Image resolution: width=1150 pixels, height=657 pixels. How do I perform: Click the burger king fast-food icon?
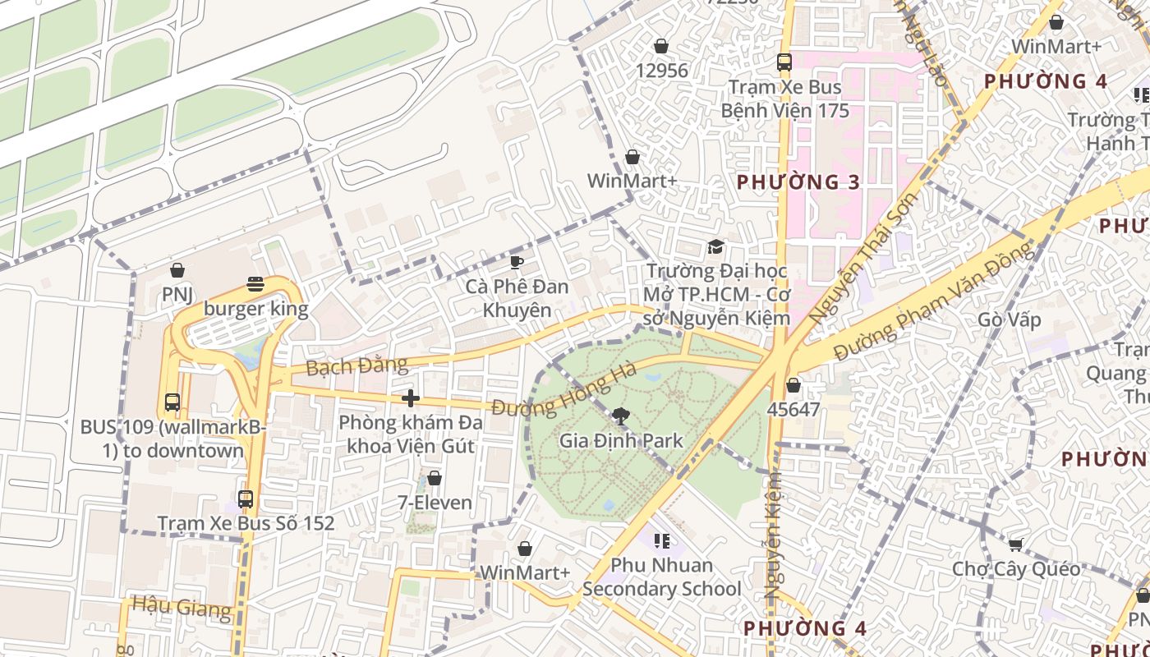(255, 284)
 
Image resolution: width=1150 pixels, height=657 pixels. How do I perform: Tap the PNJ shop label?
(177, 294)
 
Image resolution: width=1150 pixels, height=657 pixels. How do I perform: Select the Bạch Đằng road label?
(356, 365)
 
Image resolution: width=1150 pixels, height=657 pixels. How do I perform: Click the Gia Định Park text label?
(621, 441)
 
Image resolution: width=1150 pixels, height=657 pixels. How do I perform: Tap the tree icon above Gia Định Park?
(622, 416)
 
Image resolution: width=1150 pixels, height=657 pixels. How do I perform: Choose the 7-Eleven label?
(435, 503)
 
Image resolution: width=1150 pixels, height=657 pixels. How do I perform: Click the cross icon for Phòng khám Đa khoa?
(411, 398)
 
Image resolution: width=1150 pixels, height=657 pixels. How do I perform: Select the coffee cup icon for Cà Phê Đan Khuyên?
(516, 262)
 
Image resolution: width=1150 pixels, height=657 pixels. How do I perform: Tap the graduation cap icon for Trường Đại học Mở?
(716, 247)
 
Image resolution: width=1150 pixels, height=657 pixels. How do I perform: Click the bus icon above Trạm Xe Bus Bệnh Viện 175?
(784, 62)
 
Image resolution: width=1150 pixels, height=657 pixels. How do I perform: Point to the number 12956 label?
(661, 71)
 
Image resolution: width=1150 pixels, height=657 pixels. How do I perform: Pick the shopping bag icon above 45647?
(793, 384)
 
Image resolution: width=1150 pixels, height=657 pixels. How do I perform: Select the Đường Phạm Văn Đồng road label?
(934, 302)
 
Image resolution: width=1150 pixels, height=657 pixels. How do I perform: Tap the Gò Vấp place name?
(1010, 319)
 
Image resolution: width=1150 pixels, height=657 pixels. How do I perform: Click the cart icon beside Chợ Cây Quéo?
(1016, 544)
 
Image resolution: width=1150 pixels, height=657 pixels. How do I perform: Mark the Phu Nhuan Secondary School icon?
(661, 541)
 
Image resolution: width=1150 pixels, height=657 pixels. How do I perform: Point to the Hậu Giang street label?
(182, 608)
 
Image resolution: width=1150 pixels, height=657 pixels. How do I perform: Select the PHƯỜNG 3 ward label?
(798, 182)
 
